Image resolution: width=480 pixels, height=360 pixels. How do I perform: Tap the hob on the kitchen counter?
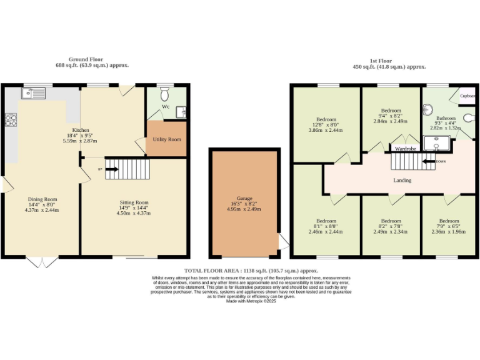11,120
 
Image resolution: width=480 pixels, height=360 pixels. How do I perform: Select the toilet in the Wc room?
165,94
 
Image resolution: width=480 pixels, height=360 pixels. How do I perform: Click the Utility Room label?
166,139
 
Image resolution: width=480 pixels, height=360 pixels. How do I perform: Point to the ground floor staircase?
127,169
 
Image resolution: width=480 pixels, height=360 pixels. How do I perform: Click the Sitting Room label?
134,202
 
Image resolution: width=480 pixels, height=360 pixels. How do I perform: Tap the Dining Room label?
42,199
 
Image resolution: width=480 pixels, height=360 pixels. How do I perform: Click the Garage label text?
244,198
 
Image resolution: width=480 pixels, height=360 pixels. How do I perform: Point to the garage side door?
283,241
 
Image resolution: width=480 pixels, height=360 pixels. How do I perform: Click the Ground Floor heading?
86,59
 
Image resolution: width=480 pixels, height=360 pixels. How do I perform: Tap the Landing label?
402,181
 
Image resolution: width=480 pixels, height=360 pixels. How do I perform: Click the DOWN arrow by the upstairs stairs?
431,161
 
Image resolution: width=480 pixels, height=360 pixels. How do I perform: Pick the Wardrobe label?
406,149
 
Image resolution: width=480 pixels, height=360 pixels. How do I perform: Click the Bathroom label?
446,117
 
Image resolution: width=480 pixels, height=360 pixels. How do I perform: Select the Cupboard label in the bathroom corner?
468,96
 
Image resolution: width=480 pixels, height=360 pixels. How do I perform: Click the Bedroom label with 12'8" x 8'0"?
327,119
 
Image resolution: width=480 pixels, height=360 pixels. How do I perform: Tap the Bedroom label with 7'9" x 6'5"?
448,221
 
